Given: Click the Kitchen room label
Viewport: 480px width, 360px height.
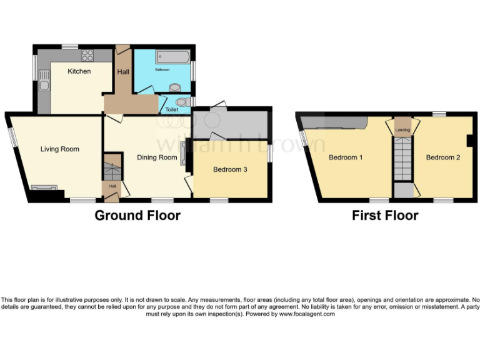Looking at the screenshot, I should pyautogui.click(x=79, y=71).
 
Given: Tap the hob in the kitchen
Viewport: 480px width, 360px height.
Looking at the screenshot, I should pyautogui.click(x=87, y=55).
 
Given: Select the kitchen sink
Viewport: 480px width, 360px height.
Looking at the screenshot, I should pyautogui.click(x=43, y=79).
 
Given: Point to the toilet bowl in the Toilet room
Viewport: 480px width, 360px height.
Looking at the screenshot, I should pyautogui.click(x=182, y=102).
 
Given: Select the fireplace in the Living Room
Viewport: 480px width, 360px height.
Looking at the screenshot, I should pyautogui.click(x=44, y=187).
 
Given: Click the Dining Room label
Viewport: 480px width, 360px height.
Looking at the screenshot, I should pyautogui.click(x=157, y=157).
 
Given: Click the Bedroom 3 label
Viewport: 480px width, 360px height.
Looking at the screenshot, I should pyautogui.click(x=231, y=169).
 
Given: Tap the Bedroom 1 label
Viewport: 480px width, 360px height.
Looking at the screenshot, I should pyautogui.click(x=346, y=157).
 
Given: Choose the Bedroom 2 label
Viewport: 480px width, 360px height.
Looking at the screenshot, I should pyautogui.click(x=442, y=157).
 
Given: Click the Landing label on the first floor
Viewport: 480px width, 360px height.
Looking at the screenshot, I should pyautogui.click(x=402, y=130).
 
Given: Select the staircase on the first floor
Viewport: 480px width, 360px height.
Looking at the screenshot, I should pyautogui.click(x=402, y=159).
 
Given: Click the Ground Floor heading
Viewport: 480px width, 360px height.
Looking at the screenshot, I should pyautogui.click(x=137, y=216).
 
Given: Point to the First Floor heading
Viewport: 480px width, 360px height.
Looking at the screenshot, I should pyautogui.click(x=385, y=216).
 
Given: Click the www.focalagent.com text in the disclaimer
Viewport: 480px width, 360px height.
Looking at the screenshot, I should pyautogui.click(x=307, y=314).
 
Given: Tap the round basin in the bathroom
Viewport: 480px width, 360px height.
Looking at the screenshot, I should pyautogui.click(x=175, y=87).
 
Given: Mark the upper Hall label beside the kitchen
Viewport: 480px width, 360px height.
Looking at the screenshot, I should pyautogui.click(x=123, y=72).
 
